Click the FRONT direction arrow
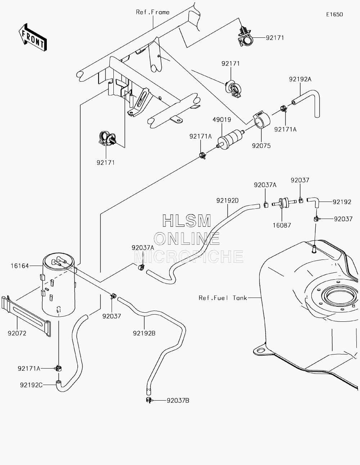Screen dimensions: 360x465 (x=32, y=37)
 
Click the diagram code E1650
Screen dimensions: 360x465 (x=334, y=14)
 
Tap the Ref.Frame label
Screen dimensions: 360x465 (x=153, y=12)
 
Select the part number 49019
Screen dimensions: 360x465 (x=222, y=119)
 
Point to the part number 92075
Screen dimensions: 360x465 (x=261, y=146)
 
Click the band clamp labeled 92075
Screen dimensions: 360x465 (x=261, y=120)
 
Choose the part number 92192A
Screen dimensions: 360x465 (x=300, y=79)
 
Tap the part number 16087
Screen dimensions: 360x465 (x=282, y=225)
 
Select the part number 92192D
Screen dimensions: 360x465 (x=227, y=200)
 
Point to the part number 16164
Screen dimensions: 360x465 (x=20, y=266)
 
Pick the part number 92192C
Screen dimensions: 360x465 (x=31, y=385)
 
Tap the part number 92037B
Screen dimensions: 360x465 (x=178, y=401)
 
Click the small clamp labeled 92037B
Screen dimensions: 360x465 (x=149, y=400)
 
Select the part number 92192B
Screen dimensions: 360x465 (x=144, y=333)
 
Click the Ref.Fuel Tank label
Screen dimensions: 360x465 (x=223, y=298)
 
